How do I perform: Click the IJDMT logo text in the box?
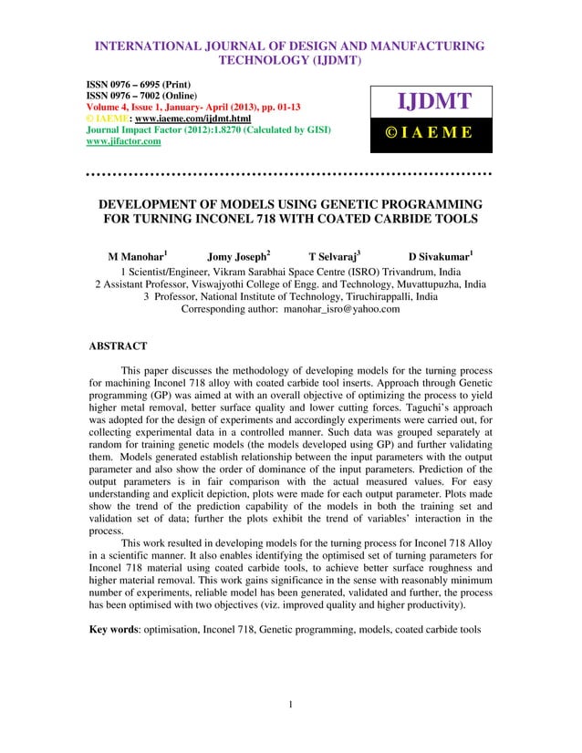tap(429, 100)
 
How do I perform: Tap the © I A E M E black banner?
tap(429, 132)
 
